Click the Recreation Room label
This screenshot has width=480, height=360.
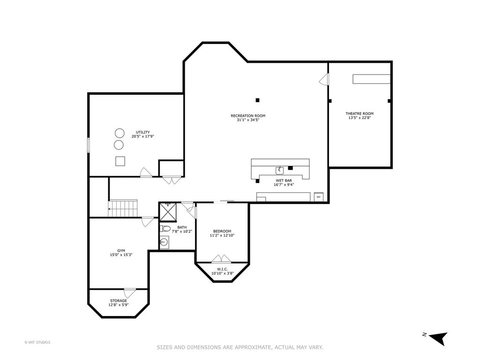tap(248, 116)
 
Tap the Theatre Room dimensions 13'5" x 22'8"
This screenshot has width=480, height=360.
tap(360, 118)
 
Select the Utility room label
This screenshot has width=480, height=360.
tap(142, 132)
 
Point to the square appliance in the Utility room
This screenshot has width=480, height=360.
tap(120, 161)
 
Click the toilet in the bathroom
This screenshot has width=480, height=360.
tap(165, 228)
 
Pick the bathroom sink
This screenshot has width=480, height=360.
tap(164, 242)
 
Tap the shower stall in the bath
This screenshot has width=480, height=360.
tap(168, 212)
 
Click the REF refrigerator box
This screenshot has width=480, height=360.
tap(319, 197)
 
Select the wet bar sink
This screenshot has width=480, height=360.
tap(279, 170)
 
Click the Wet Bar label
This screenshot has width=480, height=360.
tap(284, 180)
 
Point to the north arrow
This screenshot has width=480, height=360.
tap(438, 338)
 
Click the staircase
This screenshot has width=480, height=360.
tap(123, 208)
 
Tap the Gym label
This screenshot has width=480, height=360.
tap(121, 251)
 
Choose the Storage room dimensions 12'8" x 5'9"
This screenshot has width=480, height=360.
tap(119, 305)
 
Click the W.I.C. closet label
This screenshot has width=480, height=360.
tap(223, 269)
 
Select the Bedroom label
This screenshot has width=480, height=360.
tap(222, 231)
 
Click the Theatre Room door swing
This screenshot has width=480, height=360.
tap(324, 79)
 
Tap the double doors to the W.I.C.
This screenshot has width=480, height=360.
tap(221, 259)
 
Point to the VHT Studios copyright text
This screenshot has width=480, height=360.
tap(37, 342)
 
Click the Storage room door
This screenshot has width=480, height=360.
tap(130, 293)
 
